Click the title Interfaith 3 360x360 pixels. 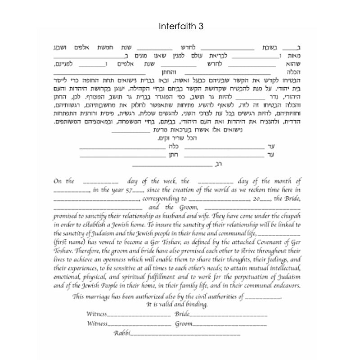pyautogui.click(x=181, y=27)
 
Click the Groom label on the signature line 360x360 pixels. pyautogui.click(x=183, y=323)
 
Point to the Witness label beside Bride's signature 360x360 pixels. pyautogui.click(x=98, y=313)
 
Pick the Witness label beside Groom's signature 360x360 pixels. pyautogui.click(x=98, y=323)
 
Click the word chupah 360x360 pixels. pyautogui.click(x=289, y=216)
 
